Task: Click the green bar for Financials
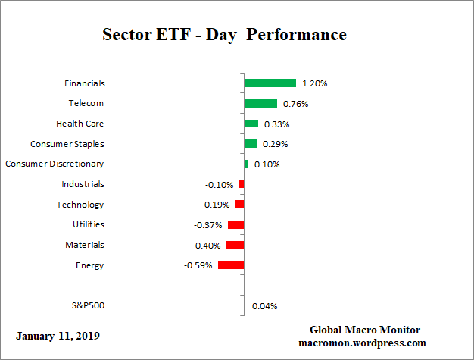(270, 83)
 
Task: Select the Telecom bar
(260, 103)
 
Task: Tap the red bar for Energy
(231, 265)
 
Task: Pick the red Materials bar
(235, 245)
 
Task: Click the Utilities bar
(235, 225)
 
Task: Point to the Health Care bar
(251, 124)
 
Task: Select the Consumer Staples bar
(250, 143)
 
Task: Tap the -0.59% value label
(198, 266)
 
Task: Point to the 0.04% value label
(264, 306)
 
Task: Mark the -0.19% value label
(216, 205)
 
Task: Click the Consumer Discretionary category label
(55, 164)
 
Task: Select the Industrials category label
(83, 184)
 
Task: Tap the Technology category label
(80, 205)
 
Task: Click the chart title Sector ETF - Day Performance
(224, 35)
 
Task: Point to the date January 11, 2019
(57, 335)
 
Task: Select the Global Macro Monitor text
(365, 330)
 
